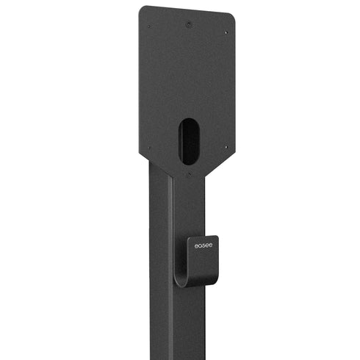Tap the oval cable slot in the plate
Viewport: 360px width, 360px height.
pos(188,141)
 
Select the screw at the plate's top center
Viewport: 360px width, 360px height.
pos(190,24)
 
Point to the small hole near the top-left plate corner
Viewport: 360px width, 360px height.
pos(149,27)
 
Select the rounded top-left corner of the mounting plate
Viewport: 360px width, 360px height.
pos(143,10)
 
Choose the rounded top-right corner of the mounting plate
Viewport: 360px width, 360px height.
pos(231,16)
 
